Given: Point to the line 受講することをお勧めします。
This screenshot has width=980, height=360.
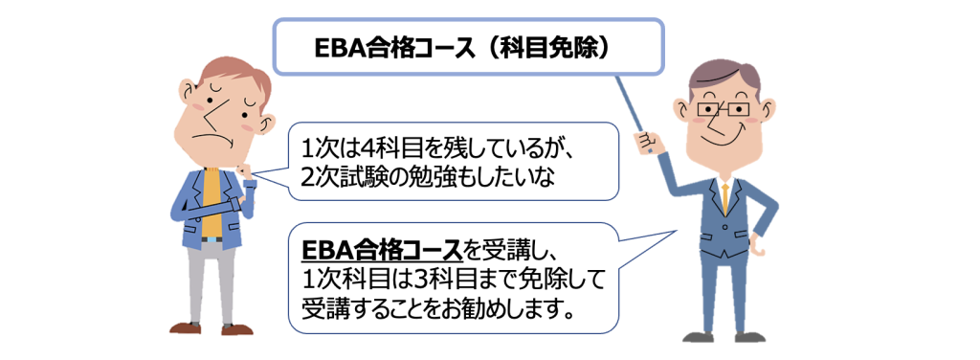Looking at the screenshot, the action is coord(436,308).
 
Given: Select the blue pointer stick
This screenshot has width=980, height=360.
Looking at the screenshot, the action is coord(634,113).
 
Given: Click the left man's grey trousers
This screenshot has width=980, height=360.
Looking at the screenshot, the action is coord(212,281).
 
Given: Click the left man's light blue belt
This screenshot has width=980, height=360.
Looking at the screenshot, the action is coord(213,239).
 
